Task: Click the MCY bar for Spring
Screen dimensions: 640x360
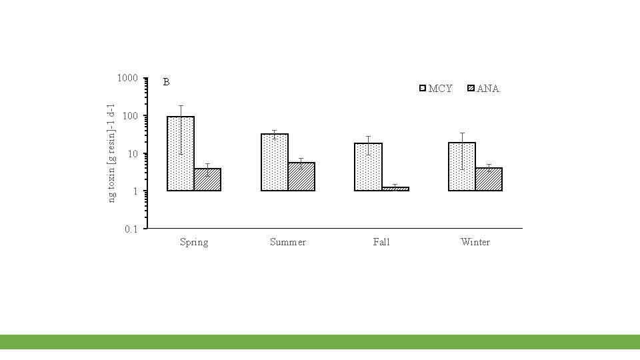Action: pyautogui.click(x=181, y=153)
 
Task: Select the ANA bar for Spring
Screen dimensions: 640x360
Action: pyautogui.click(x=207, y=179)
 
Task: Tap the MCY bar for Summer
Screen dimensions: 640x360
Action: pyautogui.click(x=275, y=162)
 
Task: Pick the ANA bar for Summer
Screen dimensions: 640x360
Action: pyautogui.click(x=301, y=176)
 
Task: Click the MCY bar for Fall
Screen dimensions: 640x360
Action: pyautogui.click(x=368, y=167)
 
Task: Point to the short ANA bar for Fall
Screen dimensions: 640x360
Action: pyautogui.click(x=395, y=189)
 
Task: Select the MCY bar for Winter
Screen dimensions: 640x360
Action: pyautogui.click(x=462, y=167)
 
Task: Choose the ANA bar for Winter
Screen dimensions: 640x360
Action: pyautogui.click(x=489, y=179)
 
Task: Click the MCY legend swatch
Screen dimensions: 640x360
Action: pyautogui.click(x=423, y=88)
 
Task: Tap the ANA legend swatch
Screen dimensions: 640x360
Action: pyautogui.click(x=471, y=88)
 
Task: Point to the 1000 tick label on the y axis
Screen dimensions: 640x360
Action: pyautogui.click(x=127, y=78)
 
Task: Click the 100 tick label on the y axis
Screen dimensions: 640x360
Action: pyautogui.click(x=130, y=116)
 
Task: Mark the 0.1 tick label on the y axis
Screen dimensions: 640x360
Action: pyautogui.click(x=131, y=229)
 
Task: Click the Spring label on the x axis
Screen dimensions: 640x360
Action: pyautogui.click(x=194, y=243)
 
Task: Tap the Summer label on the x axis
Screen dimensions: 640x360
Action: pyautogui.click(x=288, y=242)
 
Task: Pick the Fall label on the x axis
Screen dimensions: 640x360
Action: pyautogui.click(x=381, y=242)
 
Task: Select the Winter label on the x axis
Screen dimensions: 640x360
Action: pyautogui.click(x=475, y=242)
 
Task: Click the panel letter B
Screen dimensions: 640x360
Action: pyautogui.click(x=166, y=82)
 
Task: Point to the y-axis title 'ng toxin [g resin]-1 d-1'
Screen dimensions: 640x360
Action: pyautogui.click(x=111, y=153)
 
